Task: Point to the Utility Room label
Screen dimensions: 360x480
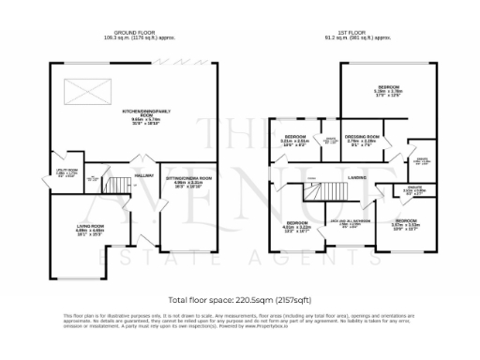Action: [67, 172]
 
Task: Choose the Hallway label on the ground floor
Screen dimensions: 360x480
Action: [143, 175]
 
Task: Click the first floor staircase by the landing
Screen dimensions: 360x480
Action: [327, 192]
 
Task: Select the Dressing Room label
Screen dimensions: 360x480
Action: [361, 140]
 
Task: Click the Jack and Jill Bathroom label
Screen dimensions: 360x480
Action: [349, 224]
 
